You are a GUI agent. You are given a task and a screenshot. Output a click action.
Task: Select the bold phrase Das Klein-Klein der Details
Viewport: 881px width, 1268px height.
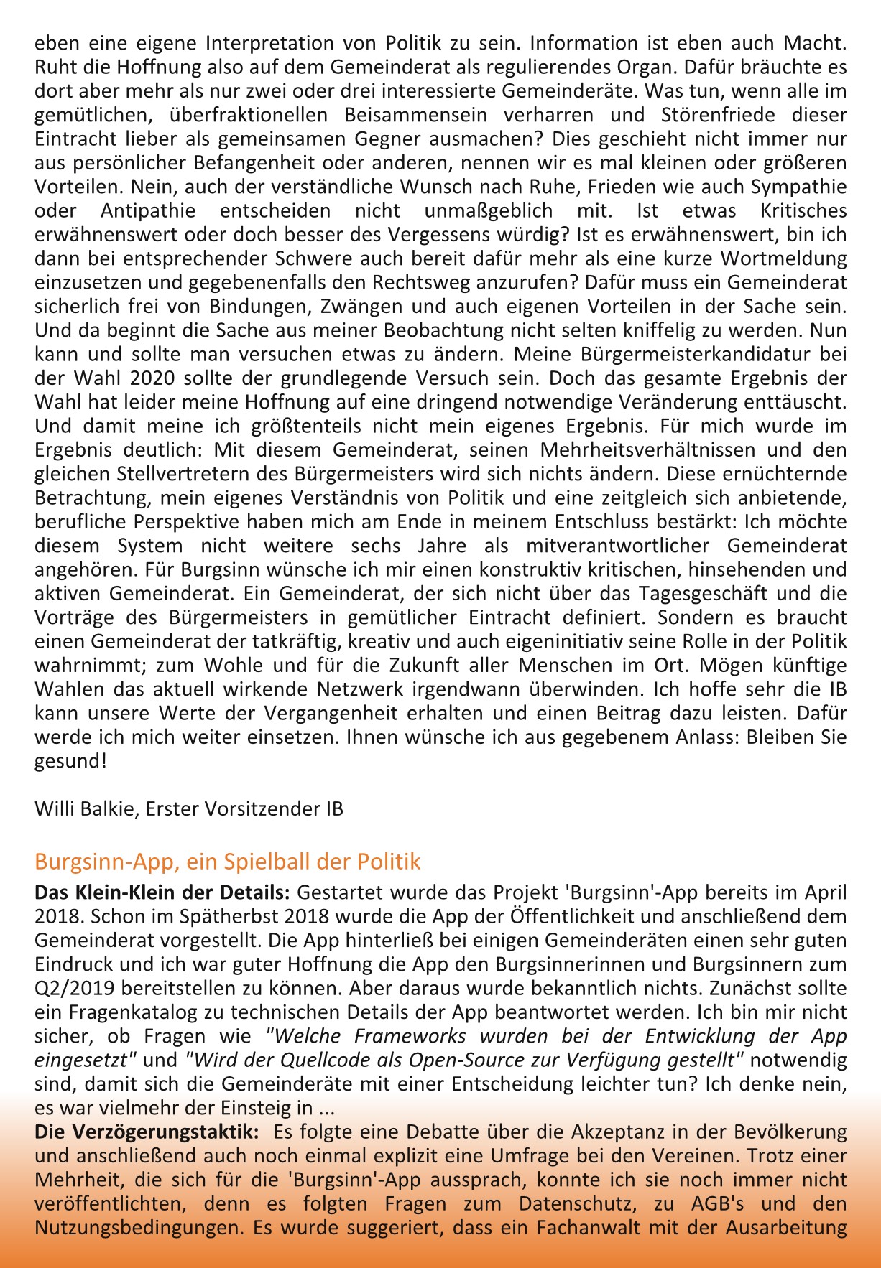(x=162, y=892)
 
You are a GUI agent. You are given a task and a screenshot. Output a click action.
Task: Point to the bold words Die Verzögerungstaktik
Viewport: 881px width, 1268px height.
(x=147, y=1132)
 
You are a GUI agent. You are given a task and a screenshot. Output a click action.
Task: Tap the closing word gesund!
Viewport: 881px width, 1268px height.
(x=70, y=761)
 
